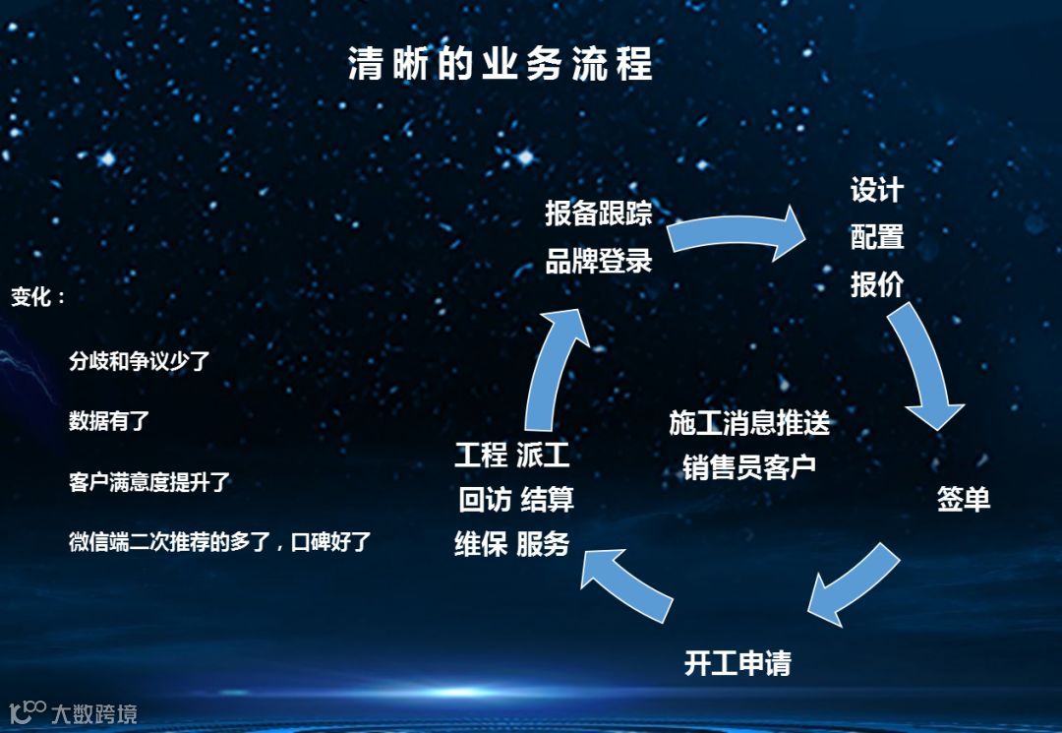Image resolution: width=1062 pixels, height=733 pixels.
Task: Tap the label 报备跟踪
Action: [x=599, y=214]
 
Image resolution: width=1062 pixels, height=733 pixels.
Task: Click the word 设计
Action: [x=877, y=190]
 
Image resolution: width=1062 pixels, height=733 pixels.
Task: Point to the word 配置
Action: [x=877, y=237]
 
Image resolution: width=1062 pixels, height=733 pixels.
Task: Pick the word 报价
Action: [x=877, y=284]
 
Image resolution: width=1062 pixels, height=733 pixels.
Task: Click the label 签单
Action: [x=964, y=500]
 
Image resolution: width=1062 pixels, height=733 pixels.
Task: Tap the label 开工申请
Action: [x=737, y=663]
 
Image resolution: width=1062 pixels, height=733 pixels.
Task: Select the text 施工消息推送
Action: [x=749, y=423]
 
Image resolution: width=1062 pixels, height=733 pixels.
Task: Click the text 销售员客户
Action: [x=749, y=466]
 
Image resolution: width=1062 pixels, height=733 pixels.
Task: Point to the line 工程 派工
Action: [x=512, y=456]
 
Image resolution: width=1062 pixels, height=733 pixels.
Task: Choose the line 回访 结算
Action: [x=516, y=500]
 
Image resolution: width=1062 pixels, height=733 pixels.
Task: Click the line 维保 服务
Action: [x=512, y=544]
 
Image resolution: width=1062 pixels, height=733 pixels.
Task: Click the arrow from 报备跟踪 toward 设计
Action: [x=737, y=234]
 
